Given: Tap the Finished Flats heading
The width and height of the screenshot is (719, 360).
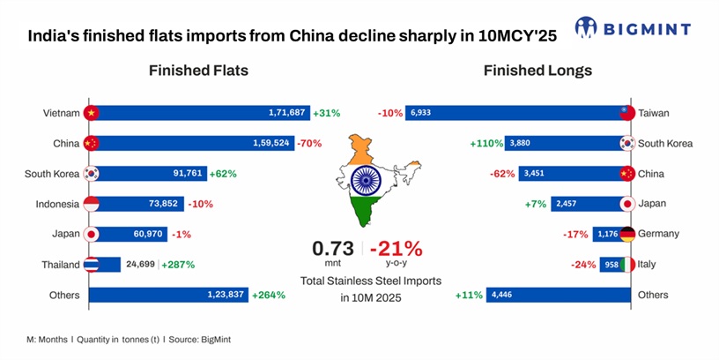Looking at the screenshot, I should point(198,71).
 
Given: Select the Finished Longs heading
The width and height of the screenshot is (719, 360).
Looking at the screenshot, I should point(537,71).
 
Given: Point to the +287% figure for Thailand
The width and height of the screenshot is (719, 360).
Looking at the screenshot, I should point(177,265).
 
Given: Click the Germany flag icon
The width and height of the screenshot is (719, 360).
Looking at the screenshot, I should point(626,234).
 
